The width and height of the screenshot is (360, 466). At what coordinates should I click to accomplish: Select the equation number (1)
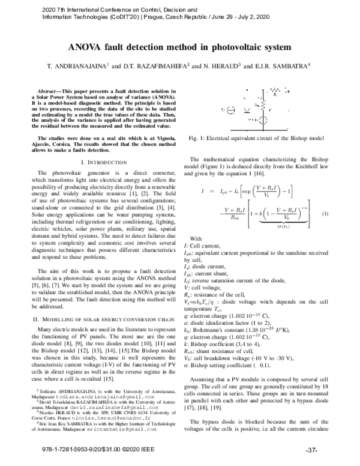click(x=325, y=214)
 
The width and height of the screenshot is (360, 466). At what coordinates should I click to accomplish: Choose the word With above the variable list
click(x=195, y=238)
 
